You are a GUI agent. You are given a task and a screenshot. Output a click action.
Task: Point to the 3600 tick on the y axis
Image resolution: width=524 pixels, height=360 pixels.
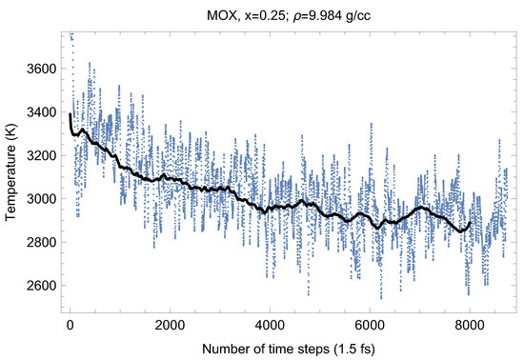click(x=38, y=69)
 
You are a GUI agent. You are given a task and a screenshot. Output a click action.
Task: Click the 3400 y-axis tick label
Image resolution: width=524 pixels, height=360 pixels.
click(x=38, y=111)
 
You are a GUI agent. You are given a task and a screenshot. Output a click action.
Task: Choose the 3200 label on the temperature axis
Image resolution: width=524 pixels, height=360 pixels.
click(x=38, y=155)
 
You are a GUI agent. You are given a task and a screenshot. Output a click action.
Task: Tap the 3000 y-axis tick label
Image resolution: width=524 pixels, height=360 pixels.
click(x=38, y=198)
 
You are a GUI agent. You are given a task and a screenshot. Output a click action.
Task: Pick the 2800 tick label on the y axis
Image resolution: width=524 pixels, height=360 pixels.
click(x=38, y=242)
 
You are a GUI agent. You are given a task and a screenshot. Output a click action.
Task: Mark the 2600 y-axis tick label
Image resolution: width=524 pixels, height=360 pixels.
click(x=38, y=285)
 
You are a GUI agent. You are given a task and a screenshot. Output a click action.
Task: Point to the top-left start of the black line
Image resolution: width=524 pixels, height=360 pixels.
click(x=71, y=115)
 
